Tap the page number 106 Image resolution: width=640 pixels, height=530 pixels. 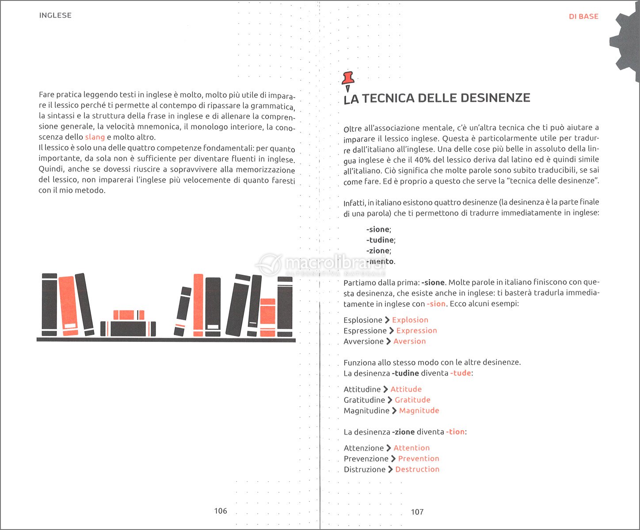(x=221, y=511)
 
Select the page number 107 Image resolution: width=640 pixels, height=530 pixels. (x=417, y=512)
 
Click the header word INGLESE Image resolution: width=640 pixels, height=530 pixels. (x=55, y=15)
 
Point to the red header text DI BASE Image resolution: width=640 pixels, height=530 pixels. (x=583, y=16)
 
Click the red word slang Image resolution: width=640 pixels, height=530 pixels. (x=95, y=137)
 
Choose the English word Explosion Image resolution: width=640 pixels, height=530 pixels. (x=410, y=320)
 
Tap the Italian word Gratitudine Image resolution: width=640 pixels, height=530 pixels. (x=364, y=400)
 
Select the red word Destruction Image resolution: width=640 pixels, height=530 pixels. (x=417, y=469)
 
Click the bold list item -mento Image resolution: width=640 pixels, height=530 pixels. (x=380, y=261)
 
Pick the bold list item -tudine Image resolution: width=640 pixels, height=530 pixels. (x=380, y=240)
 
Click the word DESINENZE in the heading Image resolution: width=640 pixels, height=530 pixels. (x=486, y=98)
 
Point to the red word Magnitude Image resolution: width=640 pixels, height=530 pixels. (x=419, y=410)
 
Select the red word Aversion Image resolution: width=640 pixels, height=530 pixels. (x=410, y=341)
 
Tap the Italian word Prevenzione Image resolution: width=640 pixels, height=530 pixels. (x=366, y=458)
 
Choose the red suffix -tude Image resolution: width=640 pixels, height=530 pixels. (x=461, y=373)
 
